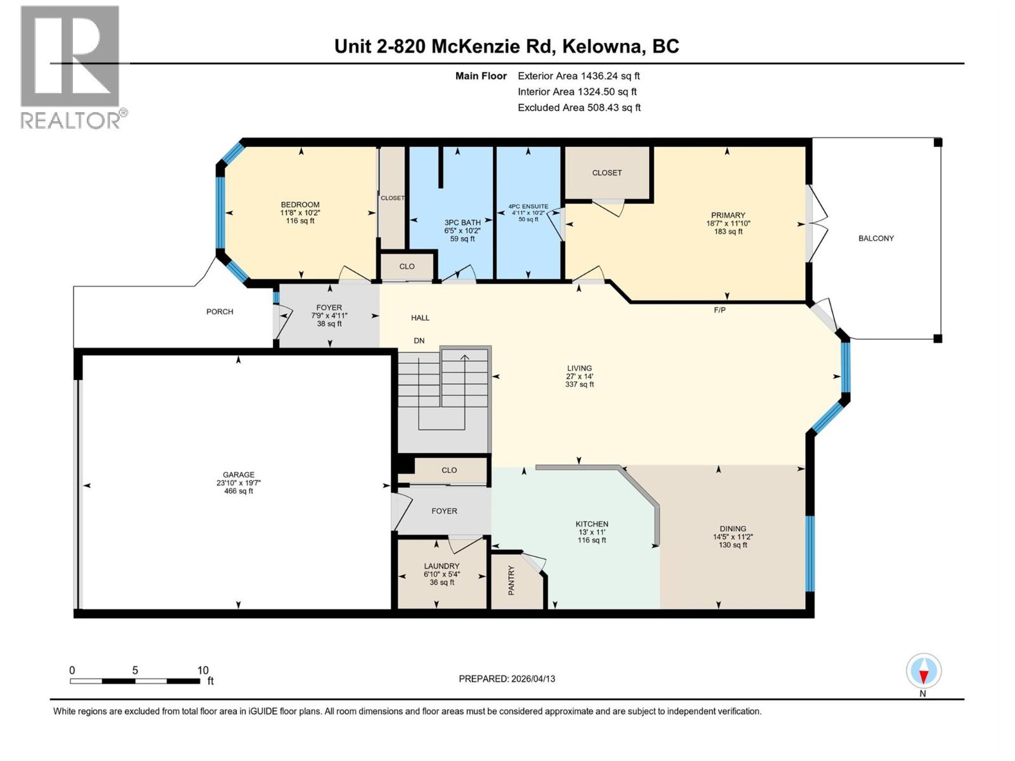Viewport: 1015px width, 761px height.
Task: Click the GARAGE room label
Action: click(239, 474)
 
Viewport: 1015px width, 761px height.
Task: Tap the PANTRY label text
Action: click(511, 580)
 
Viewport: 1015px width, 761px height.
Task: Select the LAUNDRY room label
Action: click(442, 566)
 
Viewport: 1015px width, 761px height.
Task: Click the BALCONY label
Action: click(876, 238)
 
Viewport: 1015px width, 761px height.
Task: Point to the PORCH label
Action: click(219, 311)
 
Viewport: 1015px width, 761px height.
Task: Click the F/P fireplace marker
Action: click(719, 310)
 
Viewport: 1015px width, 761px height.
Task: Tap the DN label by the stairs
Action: click(419, 341)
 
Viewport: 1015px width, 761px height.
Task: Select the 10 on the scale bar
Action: click(202, 670)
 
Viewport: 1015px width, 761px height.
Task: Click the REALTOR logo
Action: click(70, 67)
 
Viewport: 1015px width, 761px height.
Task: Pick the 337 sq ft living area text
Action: click(579, 384)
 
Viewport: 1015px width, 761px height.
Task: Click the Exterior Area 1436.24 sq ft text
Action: click(579, 75)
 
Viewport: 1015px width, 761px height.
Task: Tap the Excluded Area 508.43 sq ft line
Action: click(579, 107)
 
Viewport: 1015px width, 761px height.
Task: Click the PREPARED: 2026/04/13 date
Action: click(507, 679)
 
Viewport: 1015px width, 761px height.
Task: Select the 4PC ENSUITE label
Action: click(528, 207)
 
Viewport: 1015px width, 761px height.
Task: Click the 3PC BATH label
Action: click(462, 223)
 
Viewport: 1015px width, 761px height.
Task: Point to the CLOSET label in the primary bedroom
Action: click(606, 172)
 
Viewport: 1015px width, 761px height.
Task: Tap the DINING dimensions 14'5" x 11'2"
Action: click(733, 537)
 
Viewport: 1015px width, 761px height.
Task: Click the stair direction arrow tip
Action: click(465, 356)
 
